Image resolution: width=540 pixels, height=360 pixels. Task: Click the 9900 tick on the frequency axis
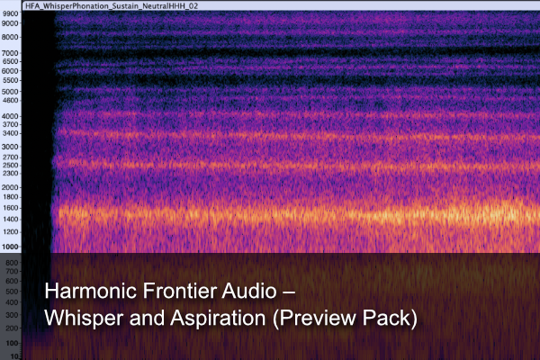tap(10, 14)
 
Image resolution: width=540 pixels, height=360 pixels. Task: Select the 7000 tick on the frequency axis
tap(10, 53)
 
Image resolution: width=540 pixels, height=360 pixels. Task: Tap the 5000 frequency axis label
tap(10, 91)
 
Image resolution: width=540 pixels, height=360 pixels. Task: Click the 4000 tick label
tap(10, 116)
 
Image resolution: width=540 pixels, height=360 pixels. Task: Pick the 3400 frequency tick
tap(10, 133)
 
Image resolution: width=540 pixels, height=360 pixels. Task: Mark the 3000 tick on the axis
tap(10, 146)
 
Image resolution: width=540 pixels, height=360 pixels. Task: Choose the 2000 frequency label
tap(10, 187)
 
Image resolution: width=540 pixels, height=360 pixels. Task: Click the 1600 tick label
tap(10, 207)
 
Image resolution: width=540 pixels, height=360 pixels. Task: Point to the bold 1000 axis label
tap(10, 247)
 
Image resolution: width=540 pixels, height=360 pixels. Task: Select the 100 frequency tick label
tap(12, 343)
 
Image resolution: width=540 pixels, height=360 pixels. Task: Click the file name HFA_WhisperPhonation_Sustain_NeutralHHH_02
tap(114, 4)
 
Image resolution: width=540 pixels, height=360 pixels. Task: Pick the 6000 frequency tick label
tap(10, 71)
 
